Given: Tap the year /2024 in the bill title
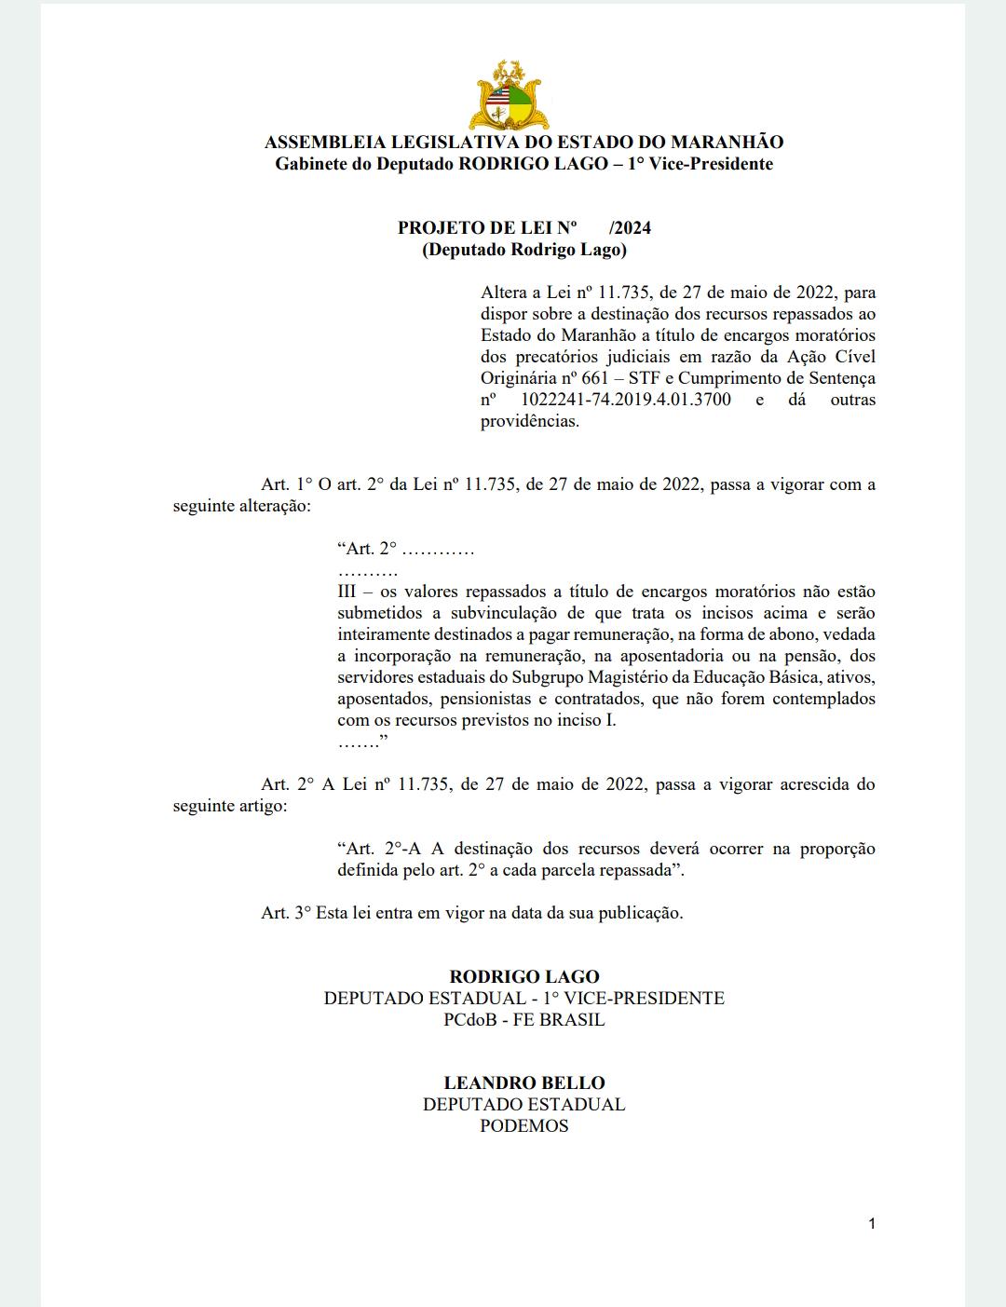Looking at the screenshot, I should tap(630, 228).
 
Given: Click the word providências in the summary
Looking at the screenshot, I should tap(530, 421).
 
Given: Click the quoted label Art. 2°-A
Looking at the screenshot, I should tap(381, 849).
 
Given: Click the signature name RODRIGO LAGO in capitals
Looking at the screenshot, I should tap(524, 977).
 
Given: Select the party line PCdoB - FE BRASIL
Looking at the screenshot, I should tap(524, 1020).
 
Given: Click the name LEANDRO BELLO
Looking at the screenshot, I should tap(524, 1083).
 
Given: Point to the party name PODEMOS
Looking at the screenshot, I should tap(524, 1126).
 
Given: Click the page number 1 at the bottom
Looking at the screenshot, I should tap(872, 1224).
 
